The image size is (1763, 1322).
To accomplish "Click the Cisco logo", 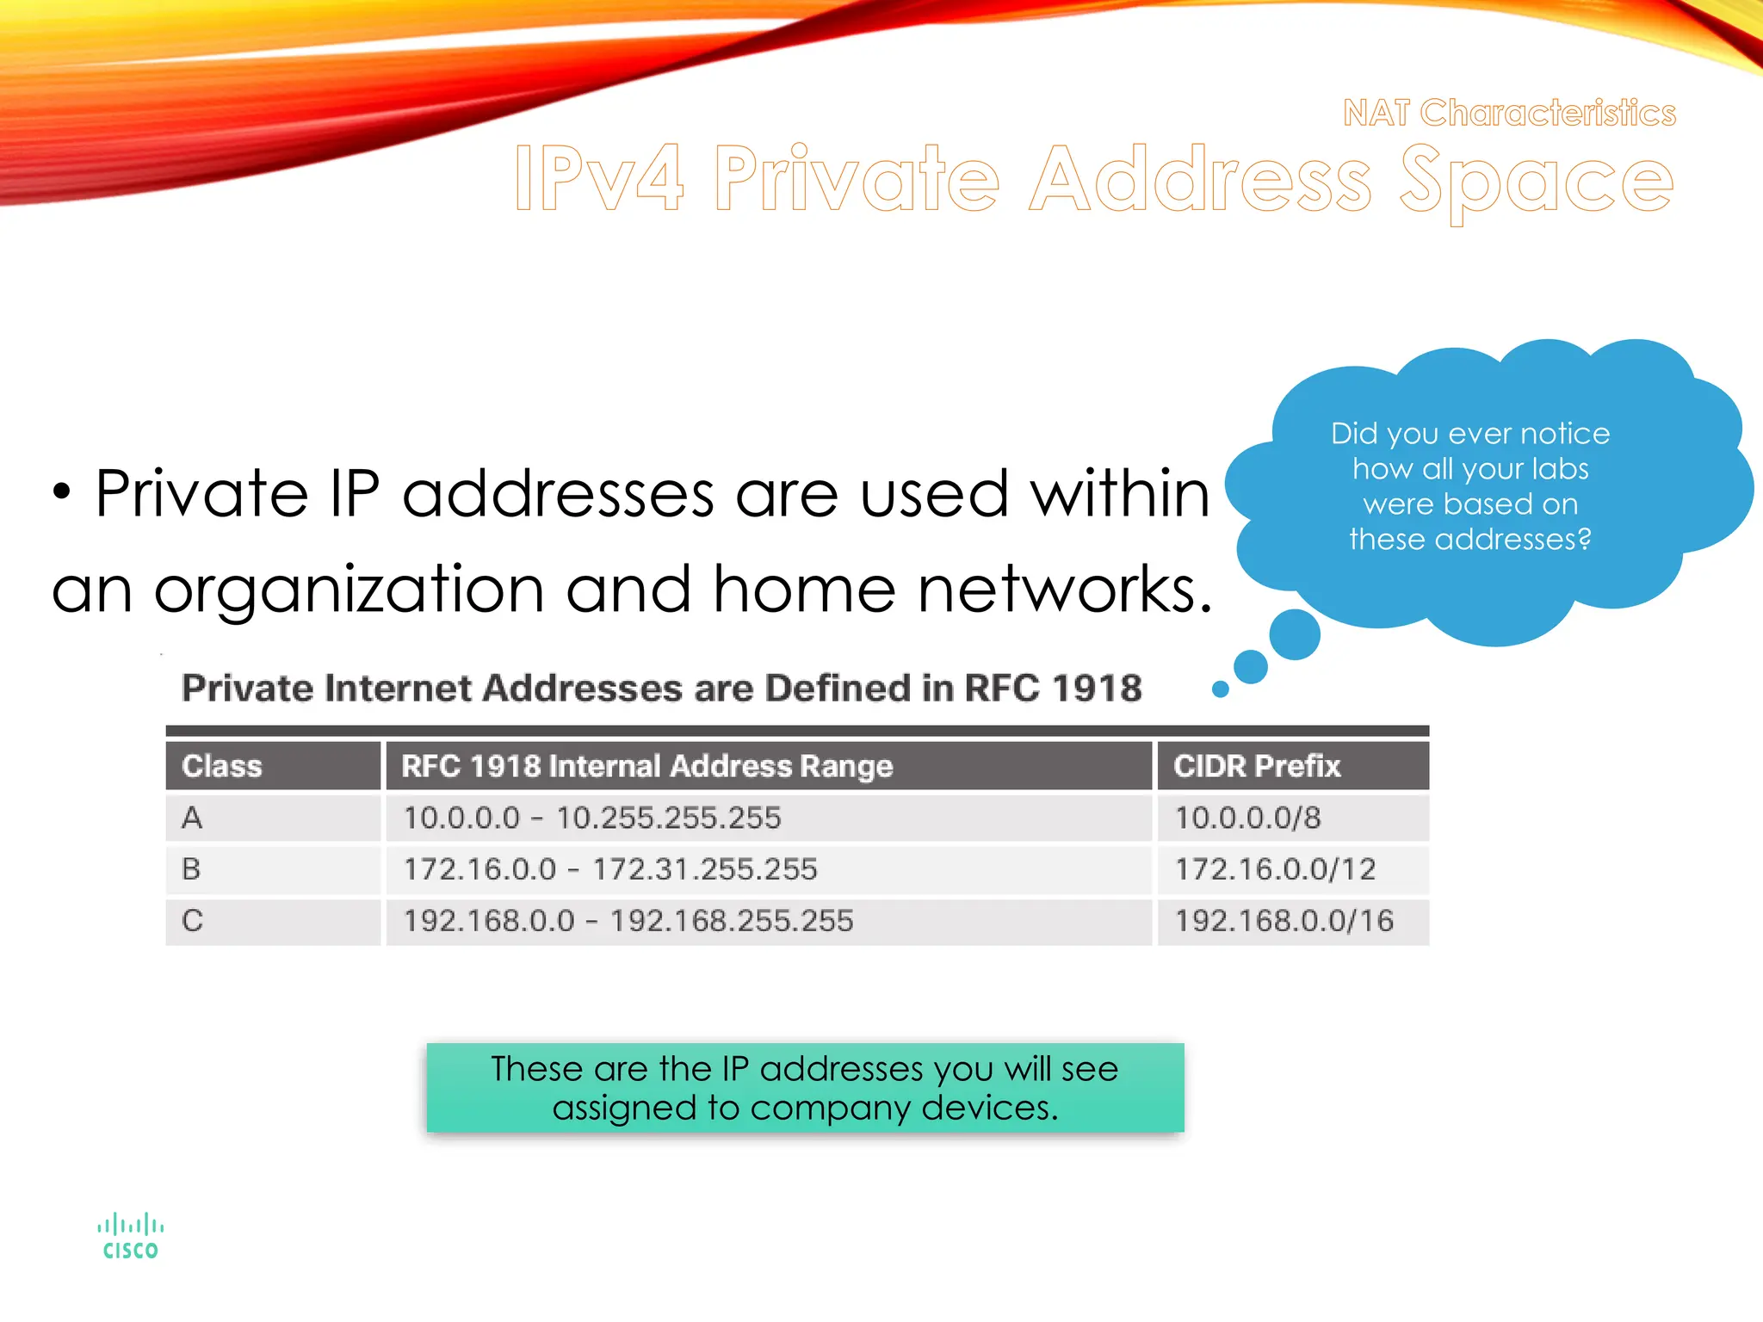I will click(131, 1236).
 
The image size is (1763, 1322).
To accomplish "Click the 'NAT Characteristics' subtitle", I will click(1509, 113).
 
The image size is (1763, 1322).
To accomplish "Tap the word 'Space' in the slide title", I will click(1537, 181).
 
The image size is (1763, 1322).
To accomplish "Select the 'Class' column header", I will click(222, 766).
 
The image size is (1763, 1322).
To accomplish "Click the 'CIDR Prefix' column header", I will click(1257, 766).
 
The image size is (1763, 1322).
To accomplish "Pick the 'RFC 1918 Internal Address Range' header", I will click(647, 766).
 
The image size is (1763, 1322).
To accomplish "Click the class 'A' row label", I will click(192, 818).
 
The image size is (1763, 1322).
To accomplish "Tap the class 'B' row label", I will click(191, 869).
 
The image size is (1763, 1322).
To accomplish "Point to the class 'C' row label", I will click(192, 921).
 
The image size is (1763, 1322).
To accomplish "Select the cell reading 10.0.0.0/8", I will click(1247, 818).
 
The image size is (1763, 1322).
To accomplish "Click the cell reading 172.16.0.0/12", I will click(1276, 869).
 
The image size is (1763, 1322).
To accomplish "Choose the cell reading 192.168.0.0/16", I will click(1284, 921).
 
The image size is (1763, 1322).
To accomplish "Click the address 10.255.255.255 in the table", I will click(669, 818).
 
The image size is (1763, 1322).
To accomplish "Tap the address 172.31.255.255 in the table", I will click(705, 869).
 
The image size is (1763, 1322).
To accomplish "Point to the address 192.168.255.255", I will click(732, 921).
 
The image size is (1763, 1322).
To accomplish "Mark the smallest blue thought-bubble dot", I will click(1220, 689).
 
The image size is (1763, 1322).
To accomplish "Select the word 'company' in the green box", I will click(830, 1108).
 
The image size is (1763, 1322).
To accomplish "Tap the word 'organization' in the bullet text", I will click(349, 590).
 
